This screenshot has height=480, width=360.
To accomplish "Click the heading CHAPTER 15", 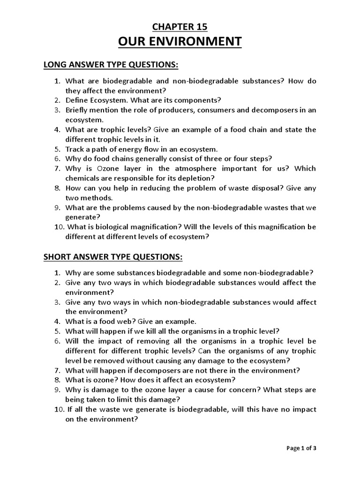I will pos(180,27).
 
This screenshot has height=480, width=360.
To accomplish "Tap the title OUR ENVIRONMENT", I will pos(180,42).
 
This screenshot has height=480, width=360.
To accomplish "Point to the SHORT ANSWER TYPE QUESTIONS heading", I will pos(112,257).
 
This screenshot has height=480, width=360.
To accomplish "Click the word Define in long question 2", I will pos(76,100).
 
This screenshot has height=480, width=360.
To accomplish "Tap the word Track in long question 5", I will pos(75,149).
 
